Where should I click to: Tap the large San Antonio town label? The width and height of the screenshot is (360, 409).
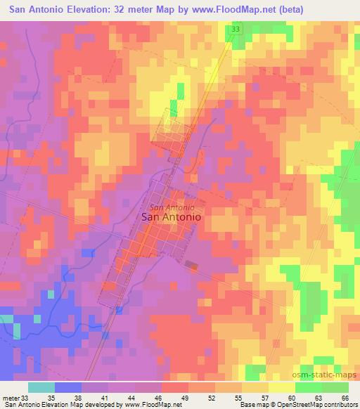pos(172,218)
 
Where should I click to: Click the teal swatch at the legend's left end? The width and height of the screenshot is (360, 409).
pos(41,387)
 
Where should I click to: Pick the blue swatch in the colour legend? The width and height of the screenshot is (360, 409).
pos(68,387)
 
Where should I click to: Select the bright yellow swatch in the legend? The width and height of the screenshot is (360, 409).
pos(281,387)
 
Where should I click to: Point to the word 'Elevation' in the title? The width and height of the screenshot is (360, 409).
pos(90,9)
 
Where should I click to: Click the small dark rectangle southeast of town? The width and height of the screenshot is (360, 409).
pos(191,264)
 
